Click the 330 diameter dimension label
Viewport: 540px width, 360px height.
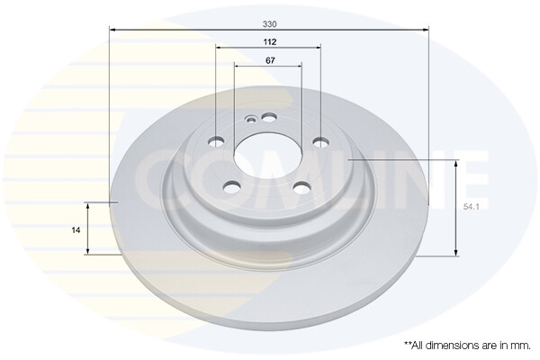click(269, 22)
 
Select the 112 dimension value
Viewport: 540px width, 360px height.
click(269, 41)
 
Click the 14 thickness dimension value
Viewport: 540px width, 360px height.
click(76, 229)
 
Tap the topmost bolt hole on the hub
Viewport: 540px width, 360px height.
click(268, 116)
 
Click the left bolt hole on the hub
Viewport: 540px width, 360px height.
click(216, 141)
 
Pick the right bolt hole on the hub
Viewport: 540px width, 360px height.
click(319, 141)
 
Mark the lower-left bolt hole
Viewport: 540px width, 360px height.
click(232, 186)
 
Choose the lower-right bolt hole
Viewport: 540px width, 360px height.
click(301, 187)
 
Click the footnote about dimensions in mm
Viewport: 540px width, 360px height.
click(466, 345)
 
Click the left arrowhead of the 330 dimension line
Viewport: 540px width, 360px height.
click(112, 30)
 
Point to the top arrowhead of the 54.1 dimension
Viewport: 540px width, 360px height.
click(457, 163)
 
